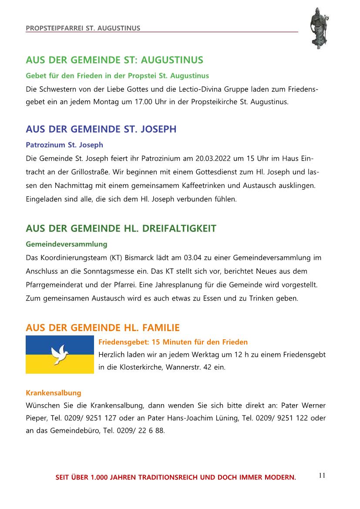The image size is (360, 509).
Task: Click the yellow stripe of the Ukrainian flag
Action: tap(60, 365)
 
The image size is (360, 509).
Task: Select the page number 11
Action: tap(322, 475)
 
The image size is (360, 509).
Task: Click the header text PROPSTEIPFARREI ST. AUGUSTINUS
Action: tap(83, 28)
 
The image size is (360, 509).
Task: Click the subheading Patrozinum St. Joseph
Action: tap(64, 144)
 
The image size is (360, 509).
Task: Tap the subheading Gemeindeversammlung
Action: tap(67, 244)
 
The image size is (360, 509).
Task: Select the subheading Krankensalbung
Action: tap(54, 393)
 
